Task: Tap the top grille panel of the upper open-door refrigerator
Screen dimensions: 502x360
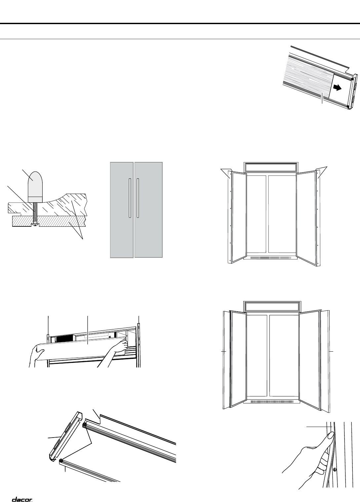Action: click(x=271, y=168)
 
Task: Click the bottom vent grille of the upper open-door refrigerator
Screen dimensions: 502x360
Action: click(x=270, y=257)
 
